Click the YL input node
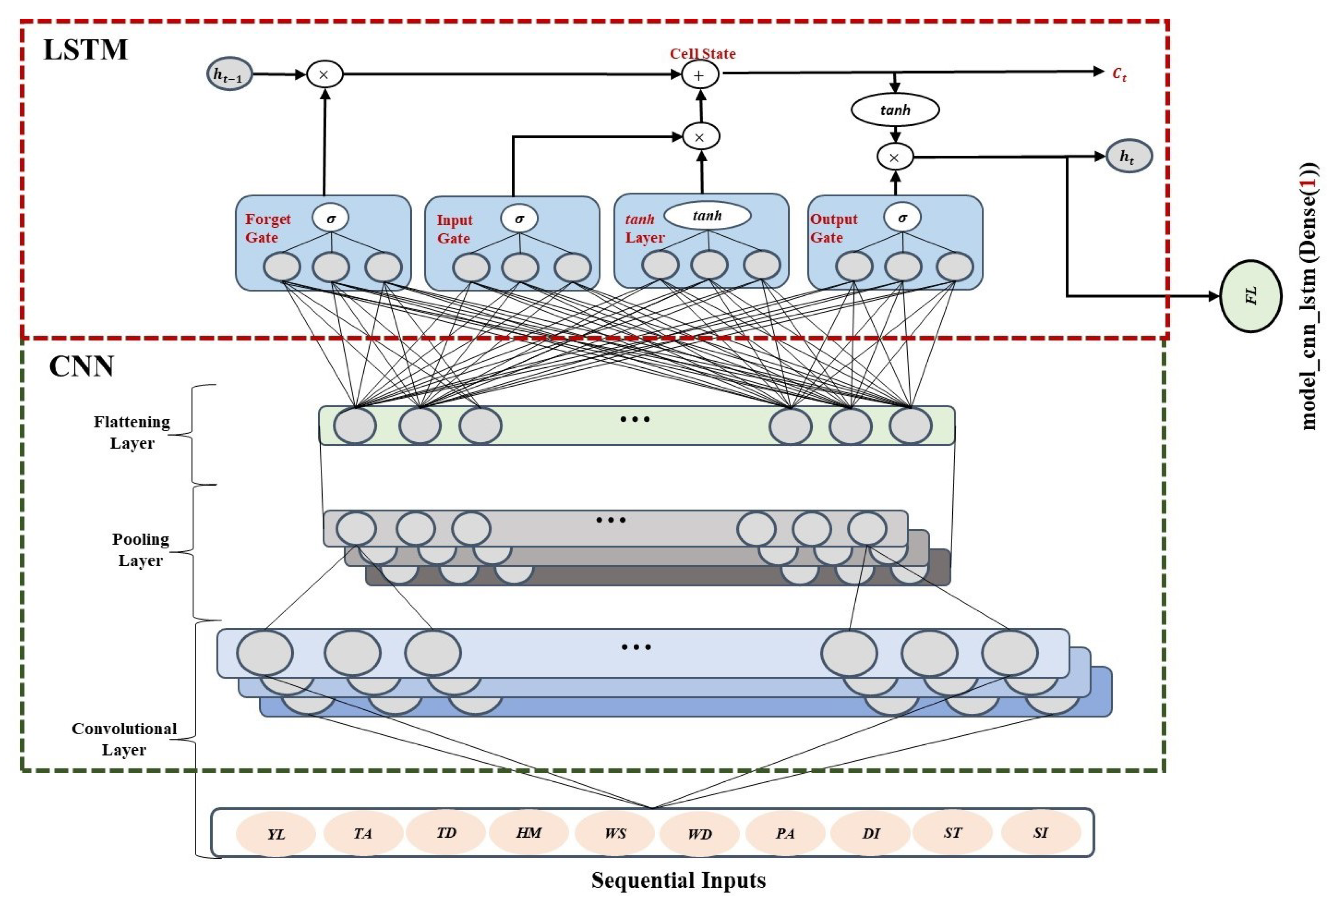click(x=276, y=834)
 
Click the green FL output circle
click(x=1251, y=296)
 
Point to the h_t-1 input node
click(x=229, y=74)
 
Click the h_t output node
click(x=1128, y=156)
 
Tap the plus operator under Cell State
click(x=699, y=75)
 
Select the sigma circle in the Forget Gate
click(x=330, y=218)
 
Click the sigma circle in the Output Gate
click(x=902, y=217)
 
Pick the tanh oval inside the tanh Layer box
click(x=707, y=216)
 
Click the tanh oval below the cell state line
click(x=895, y=110)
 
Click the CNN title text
click(x=81, y=366)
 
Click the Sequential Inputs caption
click(x=678, y=880)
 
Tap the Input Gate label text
click(x=455, y=229)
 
